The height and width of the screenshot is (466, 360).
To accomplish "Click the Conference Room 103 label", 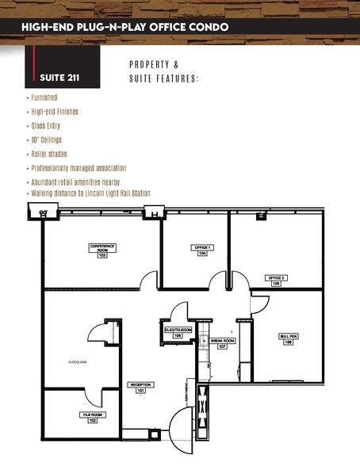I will (102, 250).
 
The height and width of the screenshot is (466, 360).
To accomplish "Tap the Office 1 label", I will (201, 250).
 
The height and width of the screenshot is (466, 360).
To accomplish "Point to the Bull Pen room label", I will (289, 338).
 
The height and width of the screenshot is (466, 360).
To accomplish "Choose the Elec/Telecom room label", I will (177, 333).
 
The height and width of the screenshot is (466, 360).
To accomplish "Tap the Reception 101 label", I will (141, 388).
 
